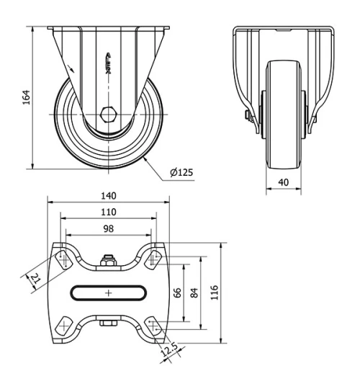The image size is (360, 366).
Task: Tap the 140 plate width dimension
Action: [109, 196]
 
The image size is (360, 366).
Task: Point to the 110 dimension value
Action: [109, 213]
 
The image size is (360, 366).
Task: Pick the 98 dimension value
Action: [109, 228]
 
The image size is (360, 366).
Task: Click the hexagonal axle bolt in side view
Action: [108, 115]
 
